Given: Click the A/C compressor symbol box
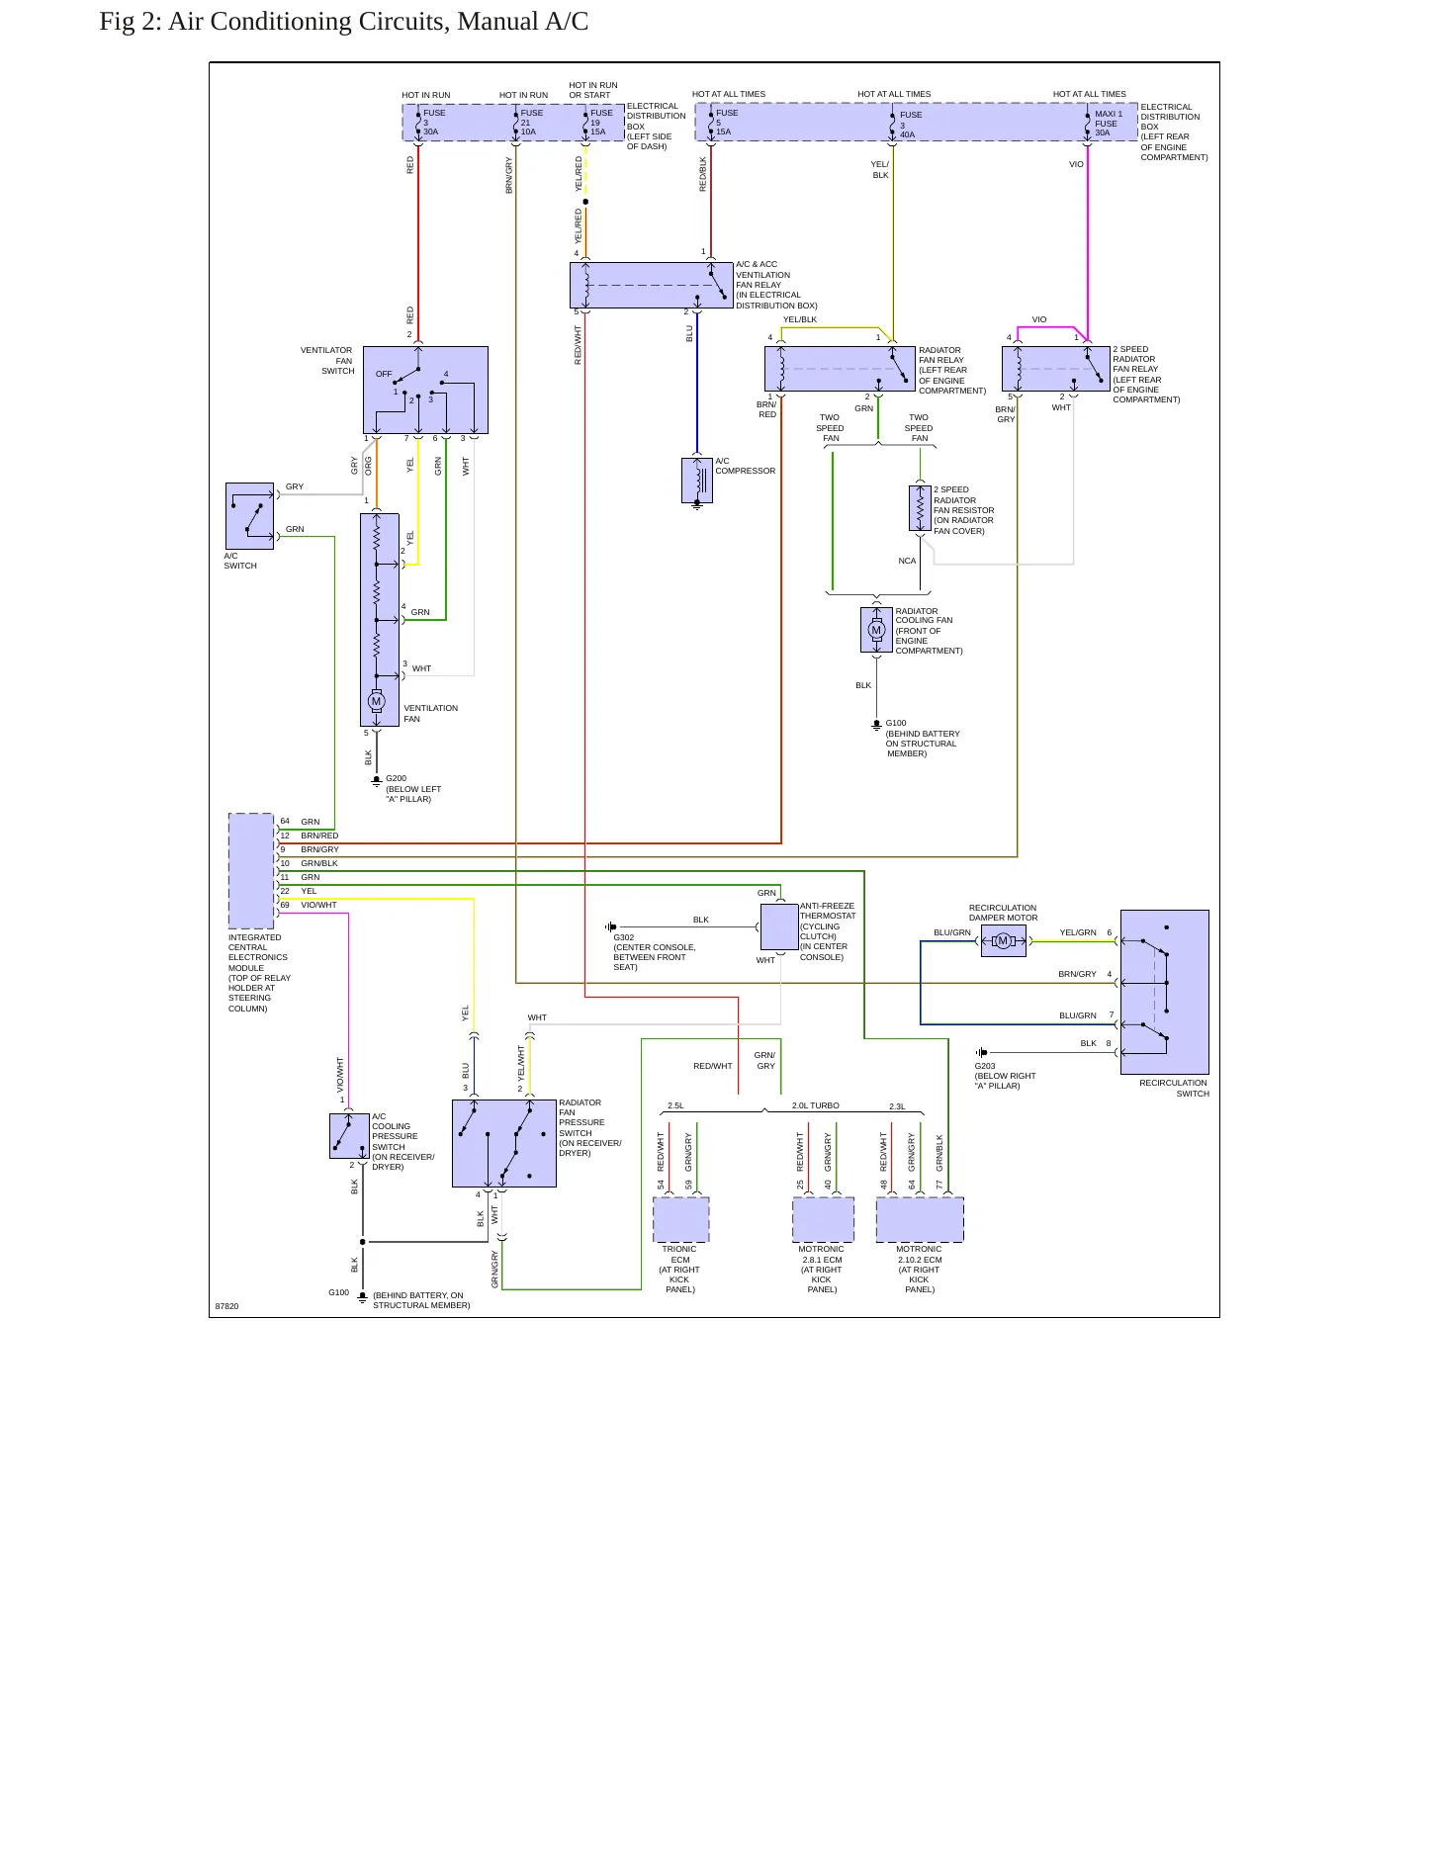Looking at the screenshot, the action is click(x=697, y=480).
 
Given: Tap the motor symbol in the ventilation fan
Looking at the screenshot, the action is click(x=376, y=701).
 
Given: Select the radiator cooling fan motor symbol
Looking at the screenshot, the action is click(x=876, y=630).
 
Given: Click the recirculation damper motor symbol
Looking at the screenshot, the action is click(x=1003, y=941).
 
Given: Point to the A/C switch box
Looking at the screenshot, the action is click(x=249, y=516).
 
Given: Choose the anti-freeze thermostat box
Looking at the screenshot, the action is click(x=779, y=927).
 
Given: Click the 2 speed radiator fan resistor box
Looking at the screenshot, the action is click(x=920, y=508).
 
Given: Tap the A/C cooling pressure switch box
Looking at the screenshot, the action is click(x=349, y=1136).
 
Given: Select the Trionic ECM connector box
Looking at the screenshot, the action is click(x=680, y=1219).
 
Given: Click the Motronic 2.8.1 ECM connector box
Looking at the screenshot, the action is click(x=823, y=1219).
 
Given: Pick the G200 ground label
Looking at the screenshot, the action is click(x=396, y=778).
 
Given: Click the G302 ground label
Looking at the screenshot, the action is click(x=624, y=937).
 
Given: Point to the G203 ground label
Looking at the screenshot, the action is click(x=985, y=1066).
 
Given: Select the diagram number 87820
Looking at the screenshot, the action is click(x=226, y=1306).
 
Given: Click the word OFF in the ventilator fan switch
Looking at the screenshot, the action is click(x=384, y=374).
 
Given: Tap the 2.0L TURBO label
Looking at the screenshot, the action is click(x=816, y=1105).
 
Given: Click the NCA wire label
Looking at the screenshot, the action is click(x=907, y=561).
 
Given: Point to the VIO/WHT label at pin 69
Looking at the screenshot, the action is click(x=318, y=905).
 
